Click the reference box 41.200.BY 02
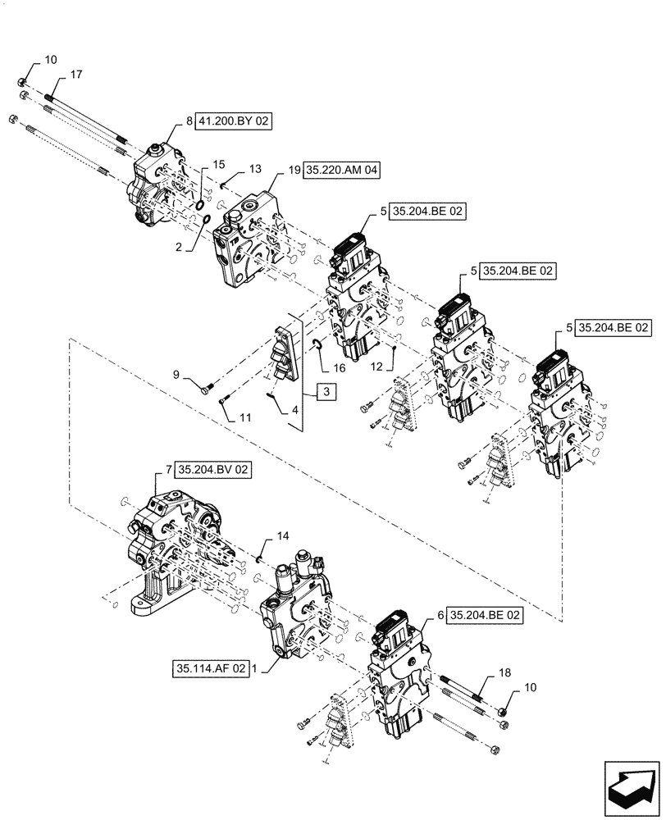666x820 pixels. (x=233, y=121)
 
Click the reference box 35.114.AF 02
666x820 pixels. (x=210, y=668)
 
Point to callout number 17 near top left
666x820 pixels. (x=75, y=75)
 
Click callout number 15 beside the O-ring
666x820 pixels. (x=218, y=165)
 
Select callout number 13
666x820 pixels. (x=255, y=168)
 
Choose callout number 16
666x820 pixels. (x=340, y=369)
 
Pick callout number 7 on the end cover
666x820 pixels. (x=168, y=470)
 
